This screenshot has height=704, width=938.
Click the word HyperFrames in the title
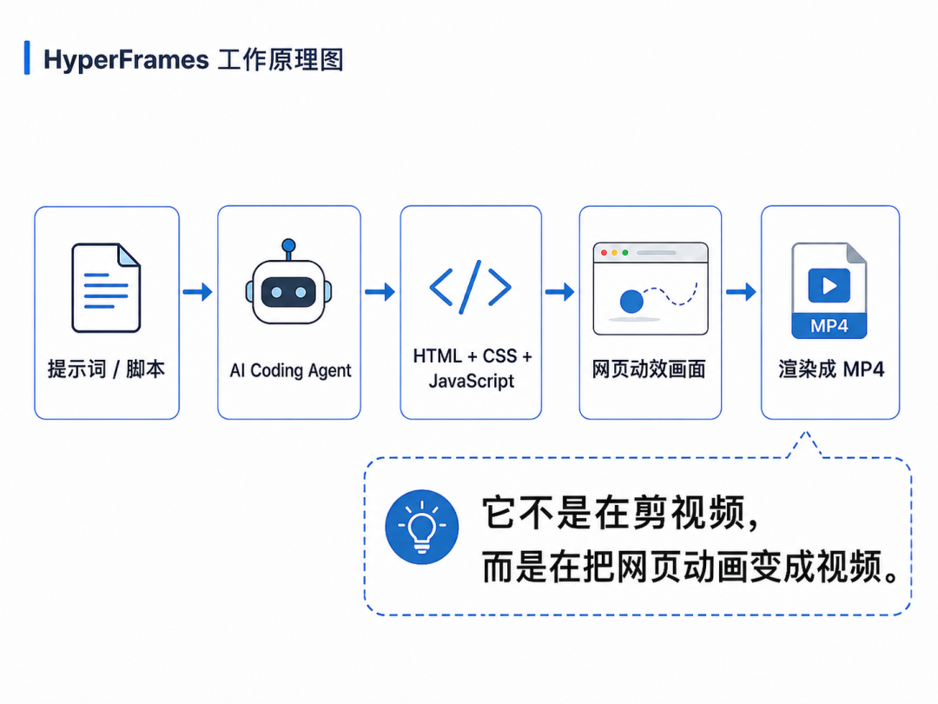coord(126,60)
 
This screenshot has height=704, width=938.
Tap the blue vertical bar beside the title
coord(27,58)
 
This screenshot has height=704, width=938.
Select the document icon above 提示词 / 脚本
coord(106,288)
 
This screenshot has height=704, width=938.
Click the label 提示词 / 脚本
coord(107,369)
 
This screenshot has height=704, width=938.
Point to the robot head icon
coord(288,282)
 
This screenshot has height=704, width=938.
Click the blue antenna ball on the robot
coord(288,245)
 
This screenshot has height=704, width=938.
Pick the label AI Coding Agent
coord(290,370)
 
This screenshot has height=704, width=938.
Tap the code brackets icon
coord(470,288)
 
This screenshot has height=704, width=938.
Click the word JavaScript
coord(472,381)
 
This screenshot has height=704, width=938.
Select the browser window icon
coord(651,289)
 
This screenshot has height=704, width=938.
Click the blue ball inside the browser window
coord(631,301)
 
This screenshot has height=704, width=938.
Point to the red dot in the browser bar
coord(604,253)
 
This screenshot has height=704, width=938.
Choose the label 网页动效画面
coord(649,369)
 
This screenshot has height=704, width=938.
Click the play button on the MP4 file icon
coord(829,286)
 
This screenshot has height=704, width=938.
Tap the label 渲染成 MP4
coord(831,369)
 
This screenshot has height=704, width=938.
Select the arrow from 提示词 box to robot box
coord(197,292)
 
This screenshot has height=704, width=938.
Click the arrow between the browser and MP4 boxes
coord(741,292)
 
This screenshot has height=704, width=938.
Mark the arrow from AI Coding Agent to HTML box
coord(380,292)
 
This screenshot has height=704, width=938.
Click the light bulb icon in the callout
coord(422,527)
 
